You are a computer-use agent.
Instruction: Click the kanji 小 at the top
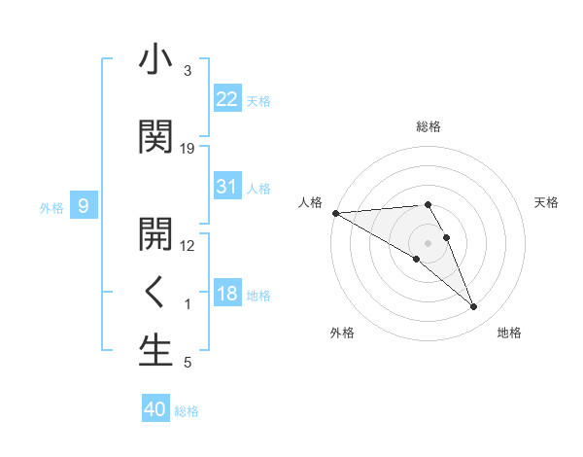coord(155,60)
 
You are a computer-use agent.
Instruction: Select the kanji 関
coord(155,136)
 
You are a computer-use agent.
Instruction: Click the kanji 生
coord(155,351)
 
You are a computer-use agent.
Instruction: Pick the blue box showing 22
coord(227,99)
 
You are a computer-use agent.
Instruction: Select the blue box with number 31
coord(227,187)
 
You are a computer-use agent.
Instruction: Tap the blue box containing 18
coord(227,294)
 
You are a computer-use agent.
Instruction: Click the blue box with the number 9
coord(85,206)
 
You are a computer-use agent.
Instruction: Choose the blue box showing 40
coord(155,409)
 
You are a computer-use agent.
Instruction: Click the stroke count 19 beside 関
coord(188,148)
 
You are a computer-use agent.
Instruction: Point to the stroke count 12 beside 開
coord(188,245)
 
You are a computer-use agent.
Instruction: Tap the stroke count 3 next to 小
coord(188,71)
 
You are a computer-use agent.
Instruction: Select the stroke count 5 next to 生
coord(188,363)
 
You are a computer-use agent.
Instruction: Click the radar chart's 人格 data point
coord(335,213)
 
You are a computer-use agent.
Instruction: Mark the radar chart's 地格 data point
coord(473,307)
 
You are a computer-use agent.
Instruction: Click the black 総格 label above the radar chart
coord(429,126)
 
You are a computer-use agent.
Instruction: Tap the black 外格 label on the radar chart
coord(342,333)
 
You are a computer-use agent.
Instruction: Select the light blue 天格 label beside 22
coord(258,100)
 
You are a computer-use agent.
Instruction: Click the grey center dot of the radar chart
coord(429,242)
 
